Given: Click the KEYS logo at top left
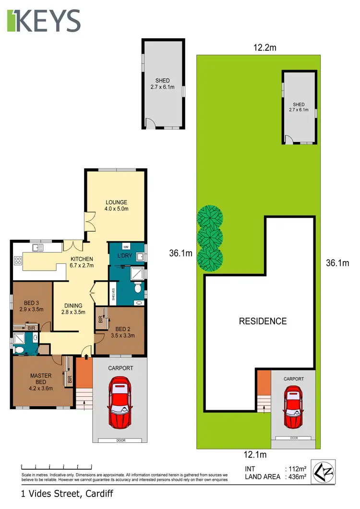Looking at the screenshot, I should (43, 20).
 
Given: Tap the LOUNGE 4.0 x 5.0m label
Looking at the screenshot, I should (117, 205).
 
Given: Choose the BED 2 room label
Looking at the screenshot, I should (122, 332).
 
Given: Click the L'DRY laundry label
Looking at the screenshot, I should (124, 256).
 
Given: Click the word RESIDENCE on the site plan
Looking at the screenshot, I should (263, 321).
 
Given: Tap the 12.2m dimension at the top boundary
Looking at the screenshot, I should (265, 47).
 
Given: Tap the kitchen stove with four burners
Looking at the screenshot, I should (18, 261).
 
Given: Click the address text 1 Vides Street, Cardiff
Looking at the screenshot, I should (67, 493).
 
